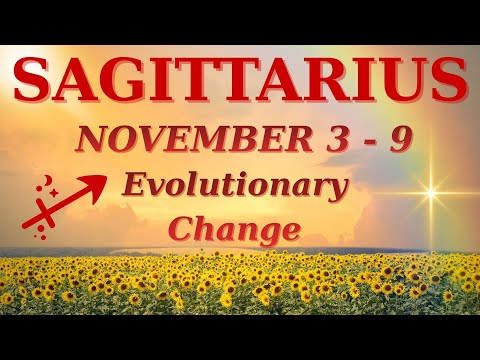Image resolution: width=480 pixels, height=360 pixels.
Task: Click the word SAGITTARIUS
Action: [x=240, y=82]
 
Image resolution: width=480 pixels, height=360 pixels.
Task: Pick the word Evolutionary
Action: [x=235, y=188]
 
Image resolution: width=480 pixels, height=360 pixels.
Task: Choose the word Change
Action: [x=234, y=228]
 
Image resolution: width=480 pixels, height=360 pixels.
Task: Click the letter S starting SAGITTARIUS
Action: [x=36, y=82]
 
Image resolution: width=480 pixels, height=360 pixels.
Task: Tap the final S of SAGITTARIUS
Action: [x=446, y=82]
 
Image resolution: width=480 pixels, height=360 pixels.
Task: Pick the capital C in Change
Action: [x=180, y=228]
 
